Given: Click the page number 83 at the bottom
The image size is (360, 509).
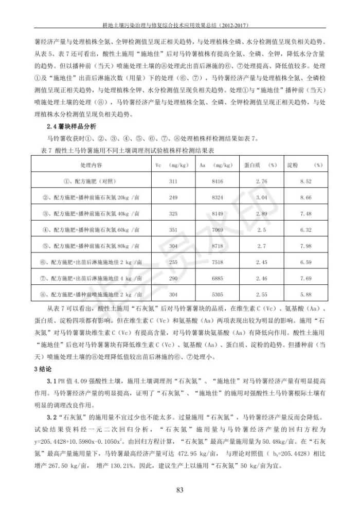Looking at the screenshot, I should (x=179, y=489).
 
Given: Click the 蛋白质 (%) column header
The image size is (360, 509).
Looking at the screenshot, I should (x=261, y=165).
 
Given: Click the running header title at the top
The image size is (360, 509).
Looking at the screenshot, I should (x=179, y=24).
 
